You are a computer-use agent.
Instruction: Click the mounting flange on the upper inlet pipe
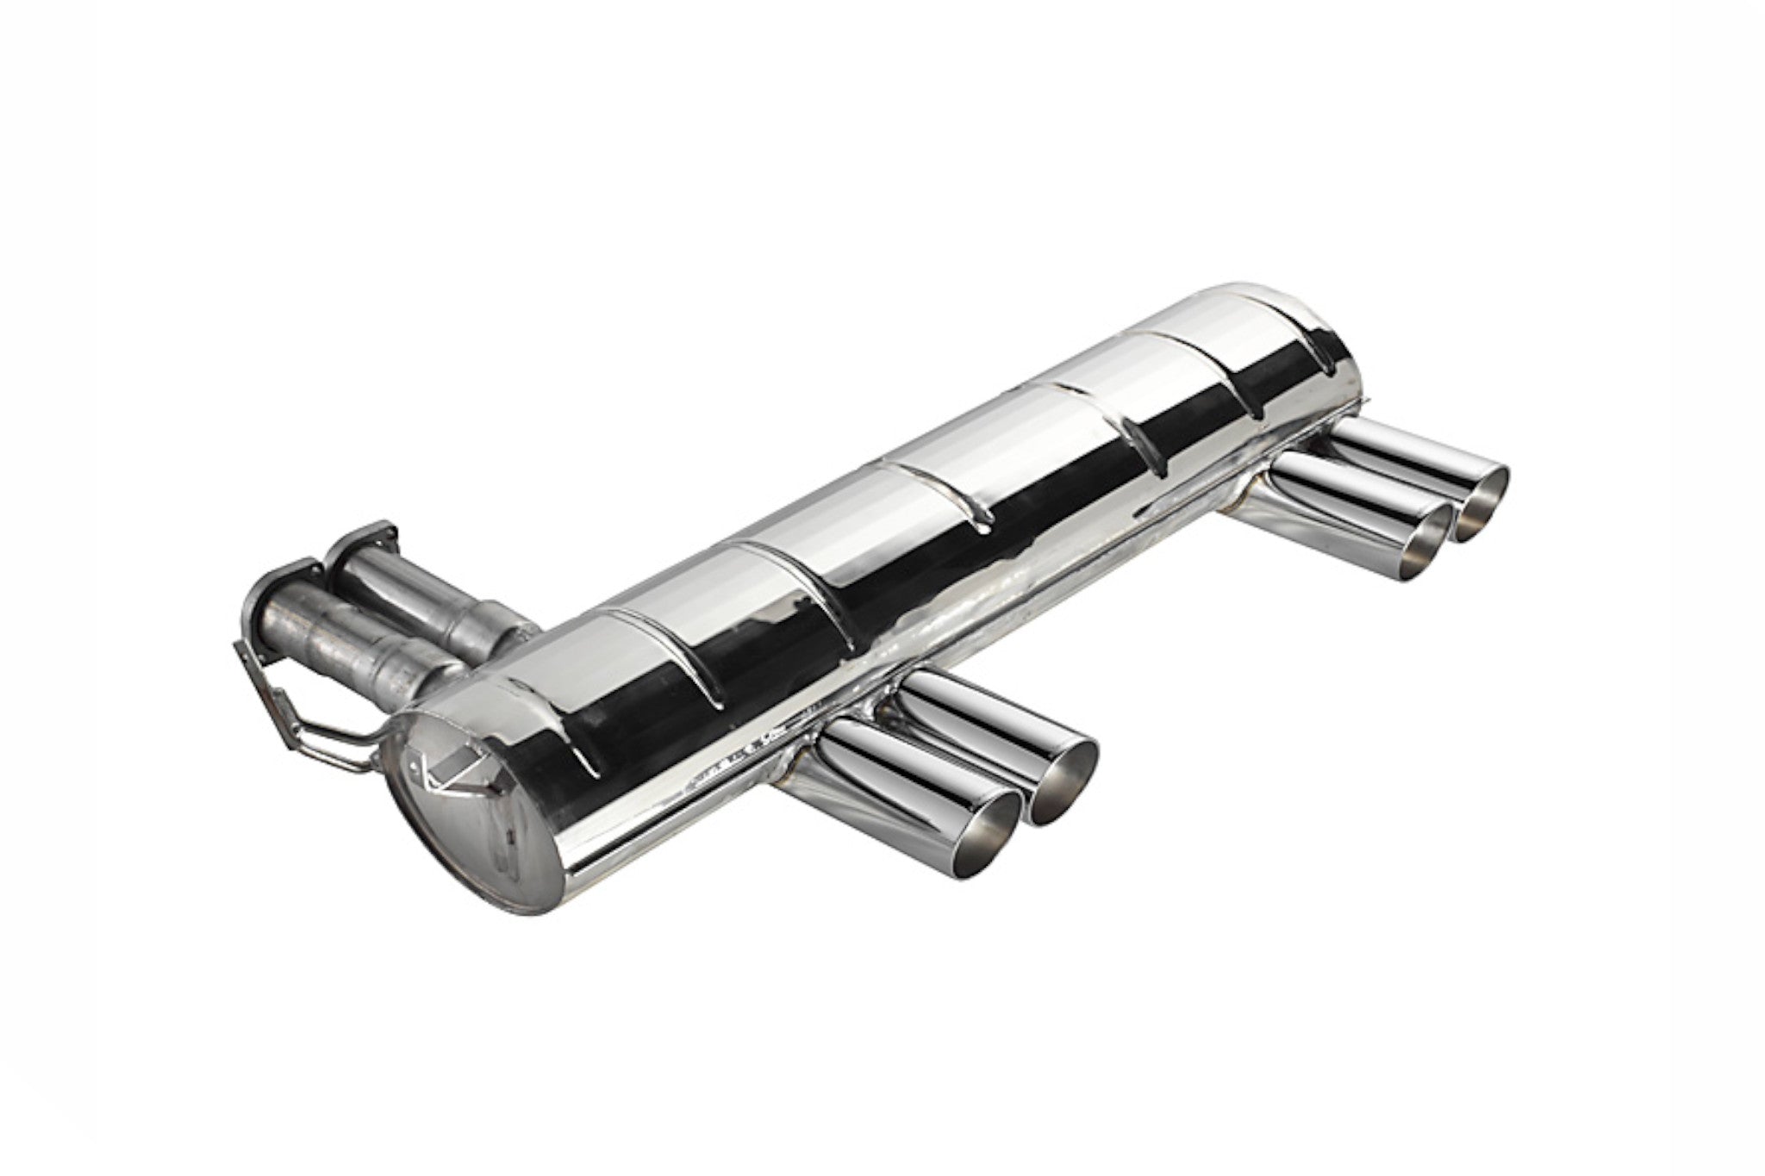(x=366, y=542)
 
